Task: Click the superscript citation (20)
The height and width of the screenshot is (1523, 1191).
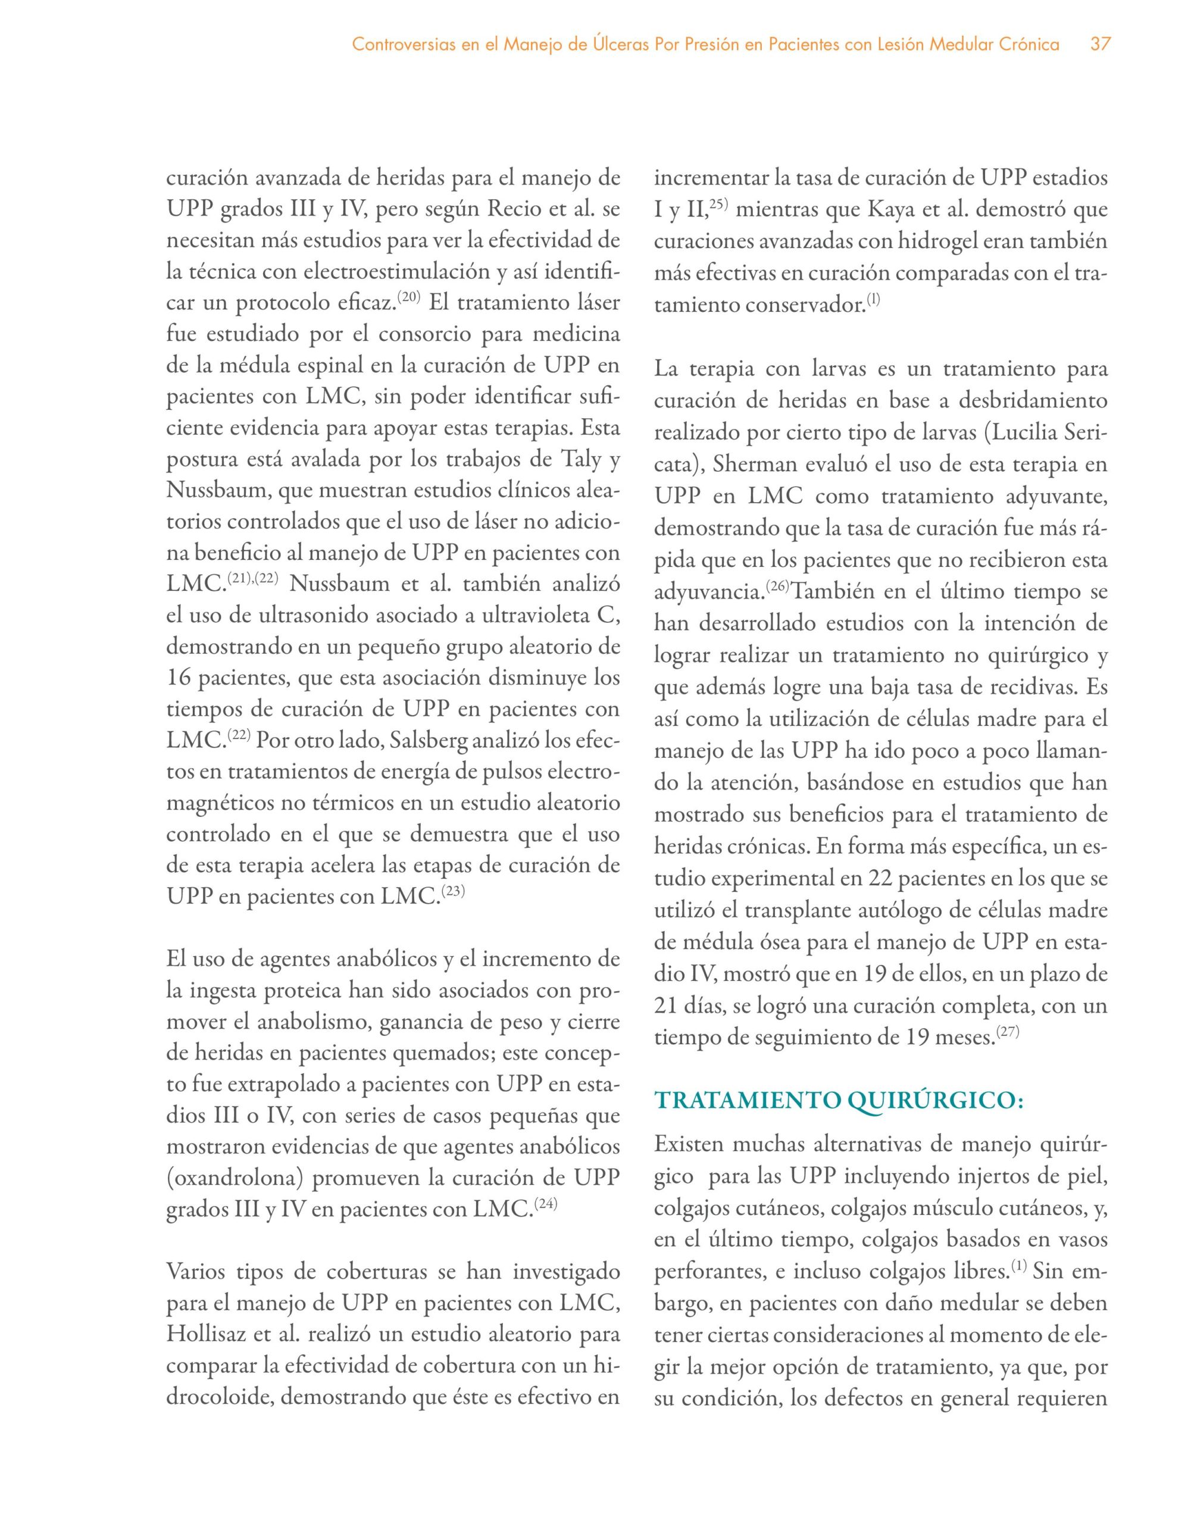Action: (x=409, y=298)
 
